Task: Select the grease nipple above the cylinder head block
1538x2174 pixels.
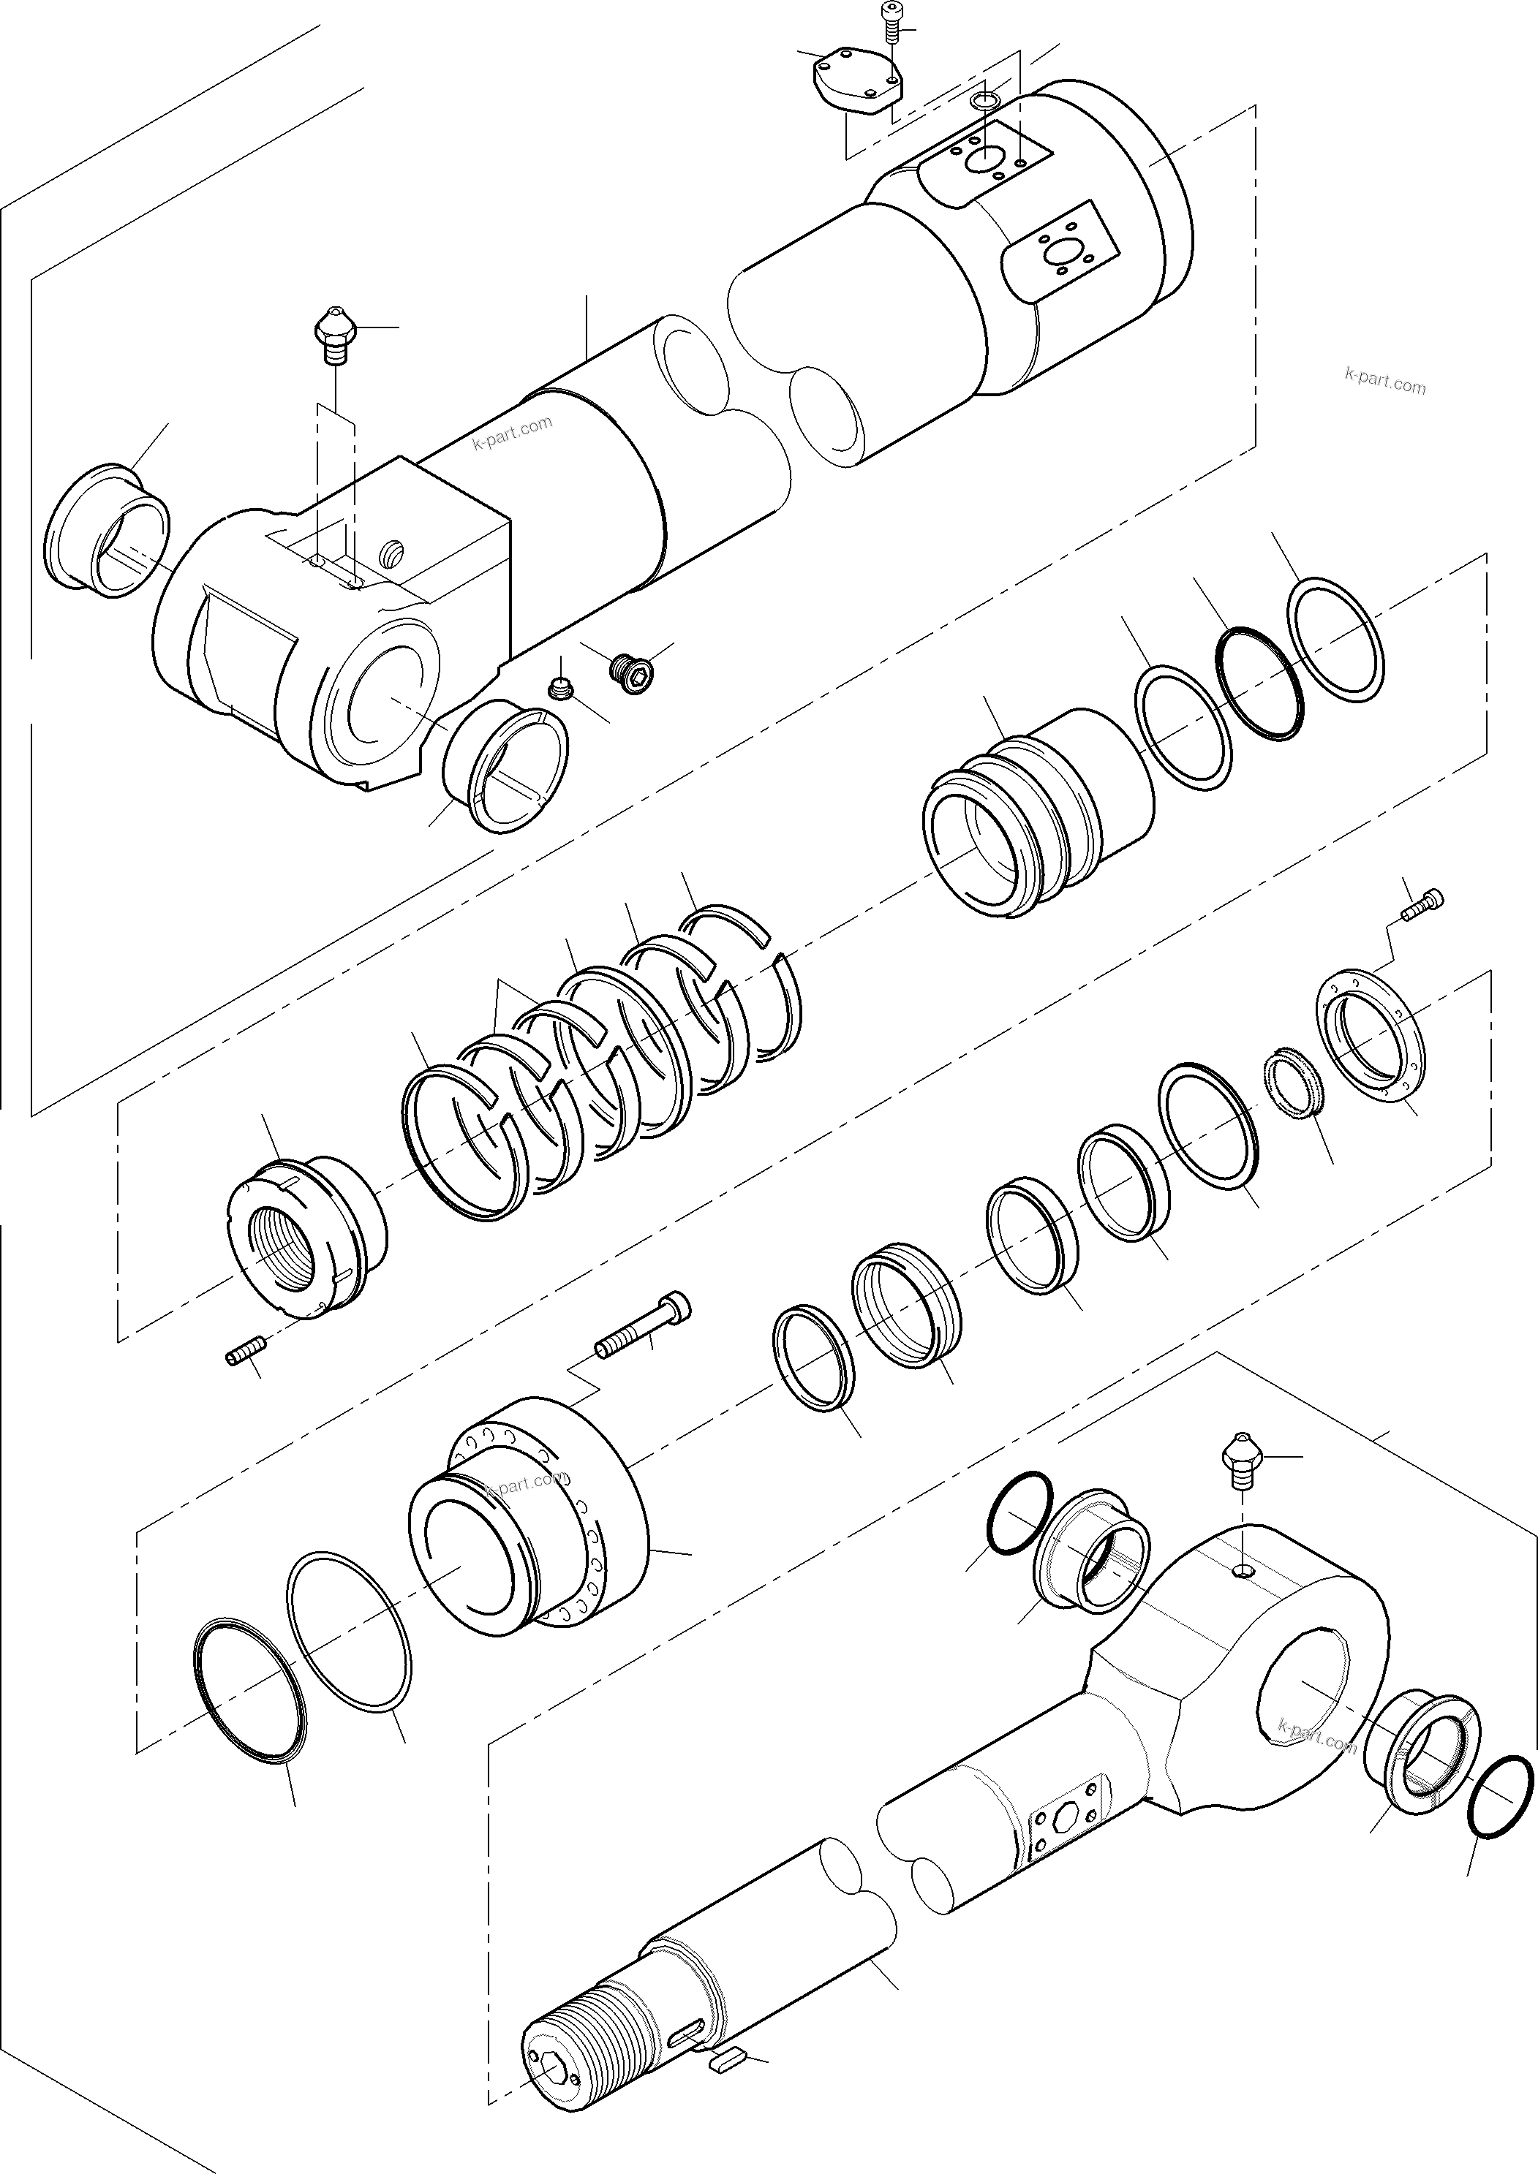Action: click(x=333, y=336)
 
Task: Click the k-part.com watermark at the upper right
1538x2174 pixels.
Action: click(x=1384, y=382)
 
